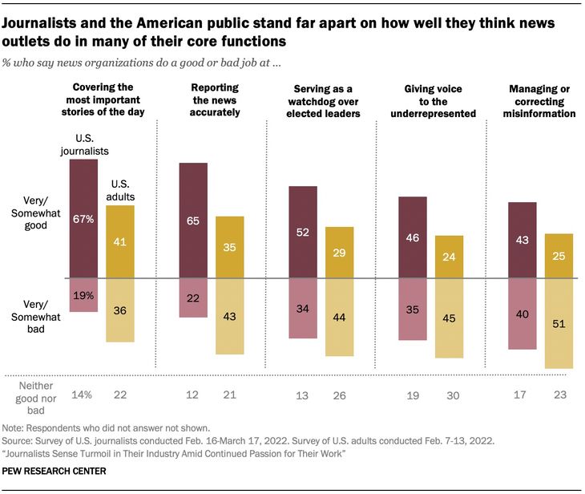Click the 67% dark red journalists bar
click(83, 218)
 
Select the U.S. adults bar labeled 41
click(119, 241)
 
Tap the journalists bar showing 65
click(193, 220)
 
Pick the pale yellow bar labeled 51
click(559, 323)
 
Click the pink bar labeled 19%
click(83, 295)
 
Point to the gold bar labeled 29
click(339, 253)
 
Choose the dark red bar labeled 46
click(413, 237)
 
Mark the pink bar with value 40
click(522, 314)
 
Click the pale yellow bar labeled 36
click(119, 310)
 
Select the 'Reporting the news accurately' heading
click(216, 99)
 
